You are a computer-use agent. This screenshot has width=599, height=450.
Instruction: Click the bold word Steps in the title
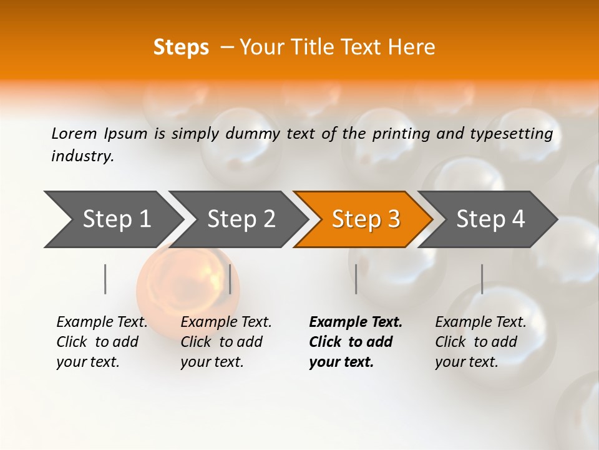(181, 47)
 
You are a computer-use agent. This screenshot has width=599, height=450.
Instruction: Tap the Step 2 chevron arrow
(241, 219)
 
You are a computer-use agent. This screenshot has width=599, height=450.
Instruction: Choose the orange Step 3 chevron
(366, 219)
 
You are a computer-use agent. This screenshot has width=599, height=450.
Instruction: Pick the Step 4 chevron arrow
(490, 219)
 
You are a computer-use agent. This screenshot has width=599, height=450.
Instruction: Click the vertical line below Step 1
(105, 279)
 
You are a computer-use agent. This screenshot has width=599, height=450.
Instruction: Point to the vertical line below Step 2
(230, 279)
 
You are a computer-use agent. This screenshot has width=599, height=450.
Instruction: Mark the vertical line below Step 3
(356, 279)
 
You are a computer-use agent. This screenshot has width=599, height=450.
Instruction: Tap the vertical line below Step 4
(482, 279)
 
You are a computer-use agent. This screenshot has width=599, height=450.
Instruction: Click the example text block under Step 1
(102, 342)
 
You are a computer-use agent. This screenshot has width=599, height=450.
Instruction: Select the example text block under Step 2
(226, 342)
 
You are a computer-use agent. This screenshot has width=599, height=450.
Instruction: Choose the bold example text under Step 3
(355, 342)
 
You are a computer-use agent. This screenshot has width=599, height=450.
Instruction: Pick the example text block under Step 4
(480, 342)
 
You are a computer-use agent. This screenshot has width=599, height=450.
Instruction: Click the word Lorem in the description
(74, 134)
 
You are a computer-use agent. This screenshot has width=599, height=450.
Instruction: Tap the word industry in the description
(82, 156)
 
